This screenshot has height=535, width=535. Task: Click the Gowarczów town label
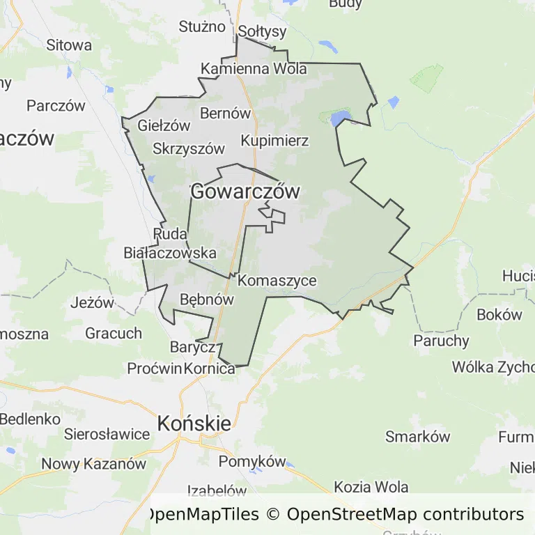245,192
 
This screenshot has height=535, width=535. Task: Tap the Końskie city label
194,423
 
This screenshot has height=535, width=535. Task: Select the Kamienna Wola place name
254,69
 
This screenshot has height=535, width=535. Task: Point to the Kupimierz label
274,141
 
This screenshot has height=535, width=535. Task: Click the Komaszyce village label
277,281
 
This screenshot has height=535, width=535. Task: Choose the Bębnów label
206,299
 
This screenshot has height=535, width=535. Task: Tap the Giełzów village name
164,126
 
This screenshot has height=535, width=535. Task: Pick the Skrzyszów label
189,148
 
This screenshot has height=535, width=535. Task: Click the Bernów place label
225,113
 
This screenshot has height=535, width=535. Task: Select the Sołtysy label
262,31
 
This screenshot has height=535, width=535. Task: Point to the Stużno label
202,26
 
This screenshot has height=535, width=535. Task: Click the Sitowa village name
69,45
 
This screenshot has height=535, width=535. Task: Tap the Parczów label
56,106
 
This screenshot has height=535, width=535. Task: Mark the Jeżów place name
92,303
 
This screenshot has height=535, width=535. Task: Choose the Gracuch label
114,333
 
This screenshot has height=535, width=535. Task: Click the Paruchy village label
441,341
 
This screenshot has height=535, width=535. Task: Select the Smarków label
418,437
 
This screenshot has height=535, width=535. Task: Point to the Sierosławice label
107,434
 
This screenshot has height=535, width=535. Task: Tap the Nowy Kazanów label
93,464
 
